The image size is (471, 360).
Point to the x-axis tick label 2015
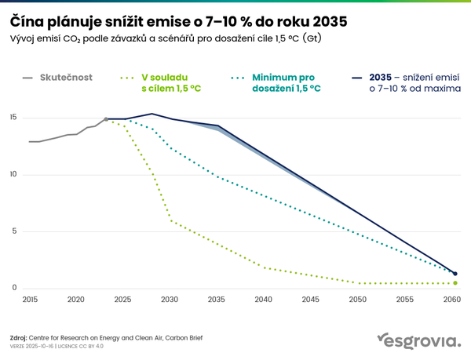coord(30,300)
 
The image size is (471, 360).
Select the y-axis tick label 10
coord(13,174)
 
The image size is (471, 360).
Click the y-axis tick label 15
coord(13,118)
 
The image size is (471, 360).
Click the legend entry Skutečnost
coord(66,77)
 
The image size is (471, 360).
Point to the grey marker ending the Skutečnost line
coord(106,119)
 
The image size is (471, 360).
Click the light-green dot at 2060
coord(455,283)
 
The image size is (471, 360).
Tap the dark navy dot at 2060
coord(455,274)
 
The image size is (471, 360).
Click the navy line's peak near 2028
coord(152,114)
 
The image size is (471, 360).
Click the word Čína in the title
coord(27,18)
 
